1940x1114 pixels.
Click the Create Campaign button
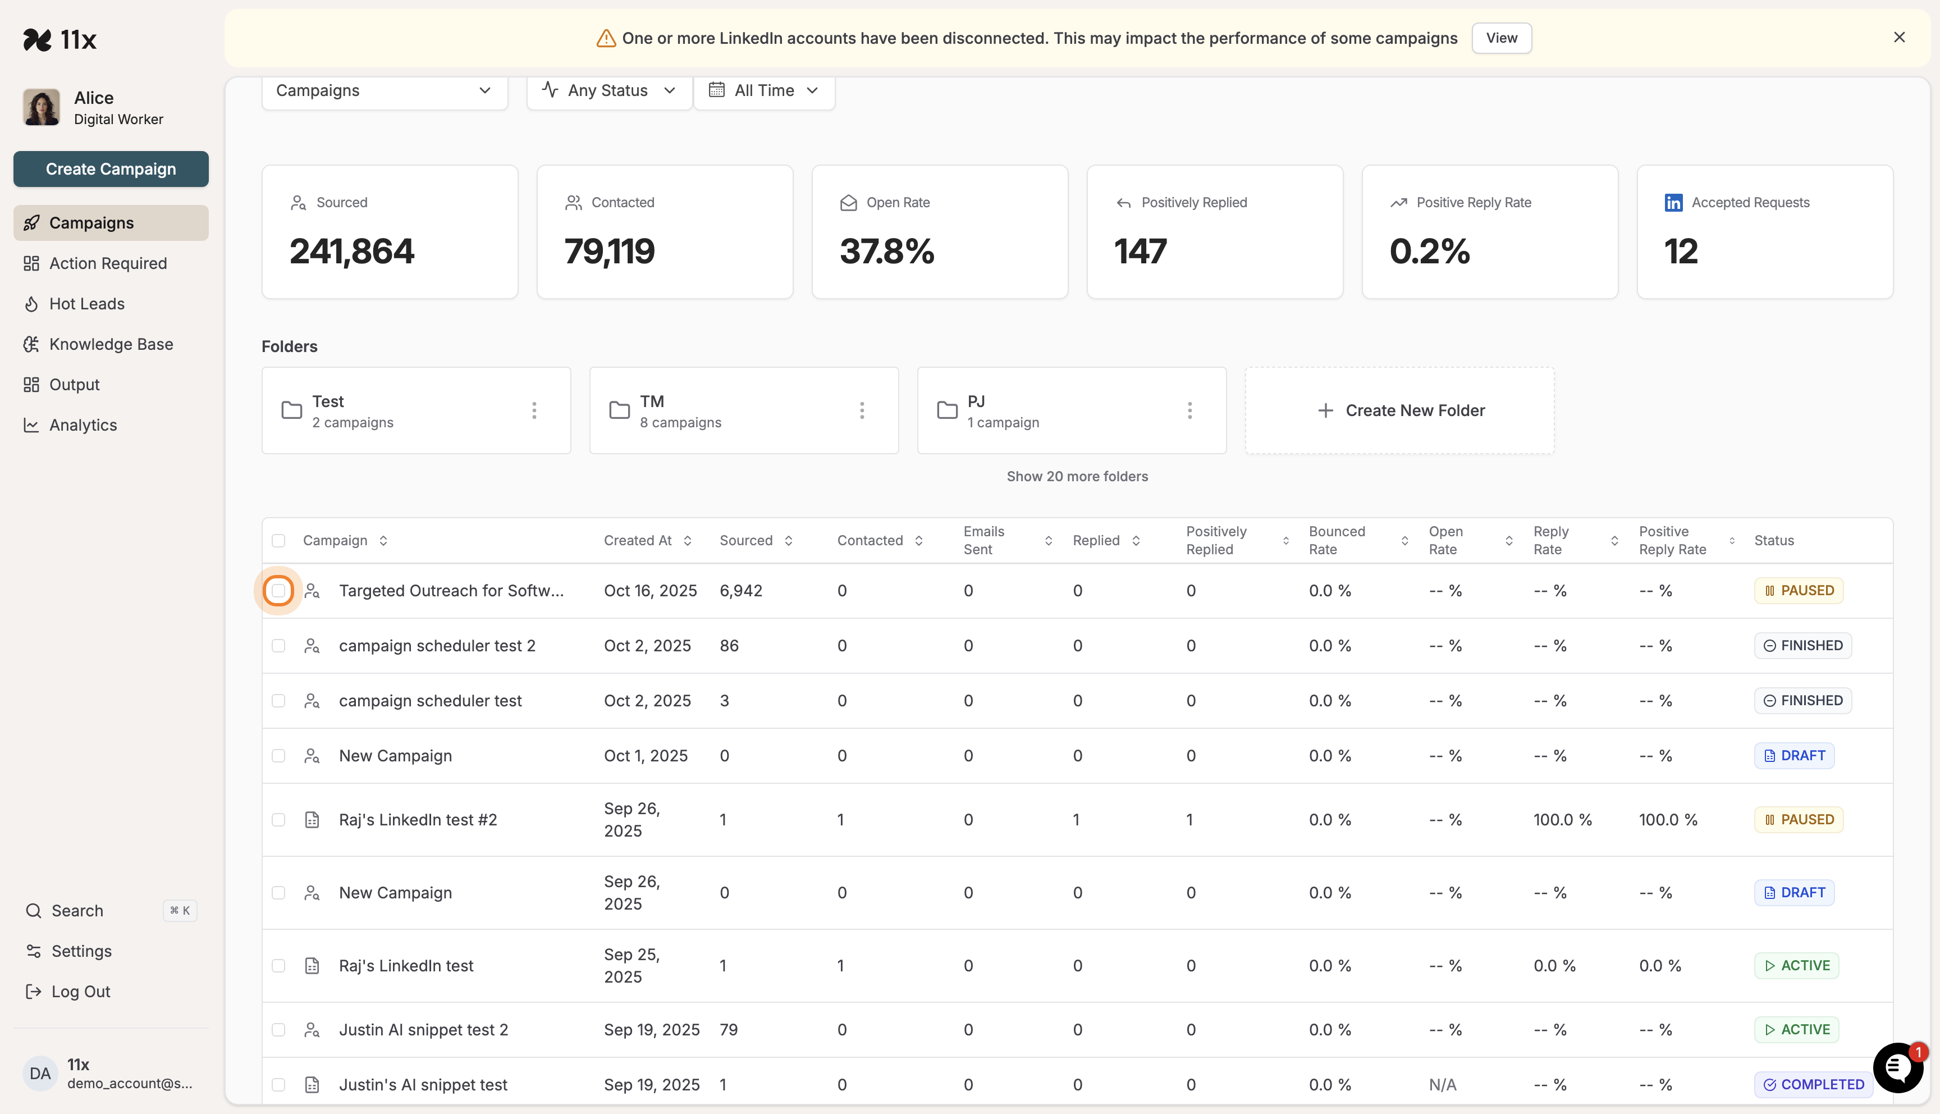pyautogui.click(x=111, y=169)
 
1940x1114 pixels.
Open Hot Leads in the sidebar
pyautogui.click(x=86, y=304)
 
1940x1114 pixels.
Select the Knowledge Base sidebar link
pyautogui.click(x=111, y=344)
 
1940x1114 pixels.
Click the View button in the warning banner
pyautogui.click(x=1500, y=38)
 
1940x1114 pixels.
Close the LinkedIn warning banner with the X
pyautogui.click(x=1898, y=38)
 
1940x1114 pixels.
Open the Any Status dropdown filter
pyautogui.click(x=608, y=90)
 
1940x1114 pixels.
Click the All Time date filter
pyautogui.click(x=764, y=90)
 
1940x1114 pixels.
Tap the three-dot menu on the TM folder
pyautogui.click(x=862, y=411)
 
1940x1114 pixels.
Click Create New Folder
pyautogui.click(x=1399, y=411)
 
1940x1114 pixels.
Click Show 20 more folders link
pyautogui.click(x=1077, y=477)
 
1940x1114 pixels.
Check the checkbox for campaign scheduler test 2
pyautogui.click(x=278, y=646)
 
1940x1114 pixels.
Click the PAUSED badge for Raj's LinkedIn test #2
pyautogui.click(x=1798, y=819)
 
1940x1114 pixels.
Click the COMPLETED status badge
pyautogui.click(x=1813, y=1084)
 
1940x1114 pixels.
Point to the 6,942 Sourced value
pyautogui.click(x=740, y=591)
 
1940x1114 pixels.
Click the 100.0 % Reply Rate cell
pyautogui.click(x=1562, y=819)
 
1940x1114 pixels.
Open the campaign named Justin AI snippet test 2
pyautogui.click(x=423, y=1030)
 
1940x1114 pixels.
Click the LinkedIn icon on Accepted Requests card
pyautogui.click(x=1673, y=203)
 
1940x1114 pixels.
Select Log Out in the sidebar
pyautogui.click(x=80, y=992)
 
